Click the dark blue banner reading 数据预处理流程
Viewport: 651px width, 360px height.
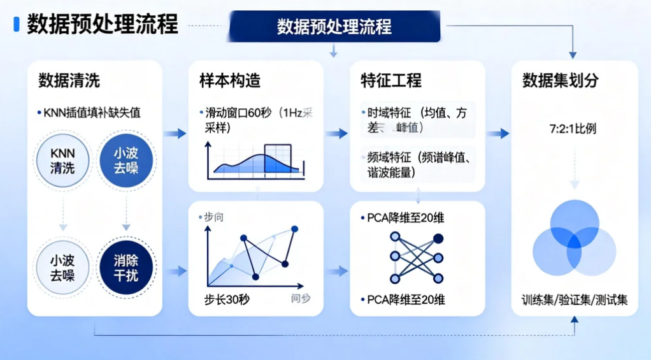334,26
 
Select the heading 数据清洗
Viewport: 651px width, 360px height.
69,81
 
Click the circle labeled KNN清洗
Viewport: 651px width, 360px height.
62,161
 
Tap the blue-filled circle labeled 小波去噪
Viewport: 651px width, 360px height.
125,161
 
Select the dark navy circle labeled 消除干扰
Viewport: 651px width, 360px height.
125,267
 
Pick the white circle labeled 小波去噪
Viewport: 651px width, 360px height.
62,267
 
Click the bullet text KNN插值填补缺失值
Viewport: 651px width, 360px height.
89,113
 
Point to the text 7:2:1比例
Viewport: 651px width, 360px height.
573,129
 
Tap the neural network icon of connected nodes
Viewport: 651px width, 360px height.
417,257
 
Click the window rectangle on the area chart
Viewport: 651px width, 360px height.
277,159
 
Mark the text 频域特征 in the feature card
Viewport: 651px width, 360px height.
388,157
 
